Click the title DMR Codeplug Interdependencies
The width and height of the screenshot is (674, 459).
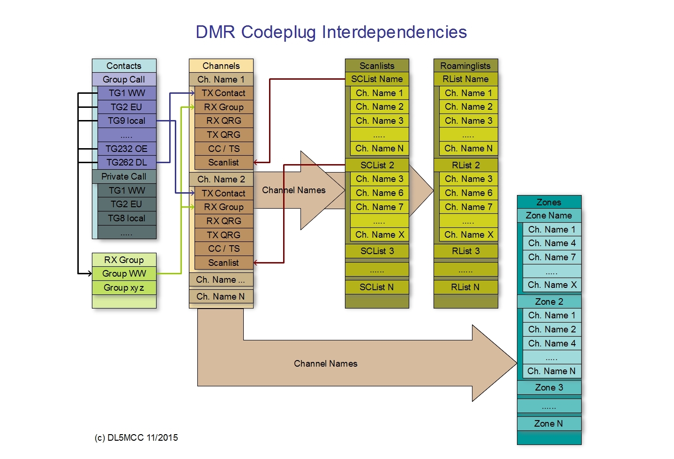[331, 32]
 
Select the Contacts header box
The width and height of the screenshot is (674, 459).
[124, 66]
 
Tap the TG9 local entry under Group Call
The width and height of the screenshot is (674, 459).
[127, 120]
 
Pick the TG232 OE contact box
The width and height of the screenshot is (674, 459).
[127, 149]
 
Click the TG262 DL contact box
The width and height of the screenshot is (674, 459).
[127, 162]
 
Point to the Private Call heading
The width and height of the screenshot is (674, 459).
[124, 176]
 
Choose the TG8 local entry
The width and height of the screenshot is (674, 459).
[127, 218]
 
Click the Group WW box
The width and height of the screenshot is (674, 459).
[124, 273]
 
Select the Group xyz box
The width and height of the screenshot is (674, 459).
[124, 287]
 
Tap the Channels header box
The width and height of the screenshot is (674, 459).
[221, 66]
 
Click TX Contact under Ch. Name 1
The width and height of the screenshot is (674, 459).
[224, 93]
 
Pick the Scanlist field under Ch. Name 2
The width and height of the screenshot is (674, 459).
[224, 263]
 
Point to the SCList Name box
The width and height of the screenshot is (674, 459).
[377, 79]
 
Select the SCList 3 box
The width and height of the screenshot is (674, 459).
[377, 251]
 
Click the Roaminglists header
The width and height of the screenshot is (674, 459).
[465, 66]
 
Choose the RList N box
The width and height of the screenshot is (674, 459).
[465, 287]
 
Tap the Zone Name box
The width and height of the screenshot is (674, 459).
[549, 215]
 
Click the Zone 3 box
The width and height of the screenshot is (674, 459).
[549, 387]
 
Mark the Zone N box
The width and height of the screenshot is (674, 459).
[549, 423]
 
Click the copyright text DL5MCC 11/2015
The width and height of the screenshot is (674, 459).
[136, 437]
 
